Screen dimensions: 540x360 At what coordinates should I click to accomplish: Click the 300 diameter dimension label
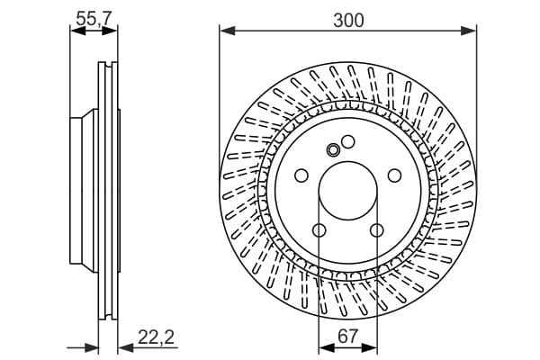coord(348,21)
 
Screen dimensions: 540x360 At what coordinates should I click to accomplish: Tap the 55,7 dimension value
coord(94,18)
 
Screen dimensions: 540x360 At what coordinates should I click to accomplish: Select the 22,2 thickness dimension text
coord(156,337)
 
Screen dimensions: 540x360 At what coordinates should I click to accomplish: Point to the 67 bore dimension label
coord(347,336)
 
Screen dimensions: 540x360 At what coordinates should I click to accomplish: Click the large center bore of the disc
coord(347,191)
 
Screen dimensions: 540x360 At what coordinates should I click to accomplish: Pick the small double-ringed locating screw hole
coord(333,150)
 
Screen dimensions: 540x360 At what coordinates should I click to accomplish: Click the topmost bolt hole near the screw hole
coord(347,141)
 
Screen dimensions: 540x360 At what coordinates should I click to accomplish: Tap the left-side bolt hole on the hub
coord(301,175)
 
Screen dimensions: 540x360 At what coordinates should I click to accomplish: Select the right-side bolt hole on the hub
coord(395,175)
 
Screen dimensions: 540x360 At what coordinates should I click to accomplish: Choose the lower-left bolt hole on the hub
coord(319,230)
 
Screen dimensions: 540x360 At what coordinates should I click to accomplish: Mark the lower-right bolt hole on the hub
coord(377,230)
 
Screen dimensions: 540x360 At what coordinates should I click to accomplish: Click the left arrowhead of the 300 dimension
coord(228,31)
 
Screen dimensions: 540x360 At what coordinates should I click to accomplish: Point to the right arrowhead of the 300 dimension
coord(469,31)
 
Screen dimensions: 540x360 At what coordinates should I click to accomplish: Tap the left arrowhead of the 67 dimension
coord(327,348)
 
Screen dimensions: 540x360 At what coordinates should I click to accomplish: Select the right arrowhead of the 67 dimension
coord(370,348)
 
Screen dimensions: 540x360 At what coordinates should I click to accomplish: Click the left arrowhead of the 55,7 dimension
coord(77,31)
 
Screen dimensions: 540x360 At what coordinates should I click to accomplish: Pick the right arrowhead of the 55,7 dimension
coord(110,31)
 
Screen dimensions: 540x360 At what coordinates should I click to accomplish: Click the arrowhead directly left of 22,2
coord(126,348)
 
